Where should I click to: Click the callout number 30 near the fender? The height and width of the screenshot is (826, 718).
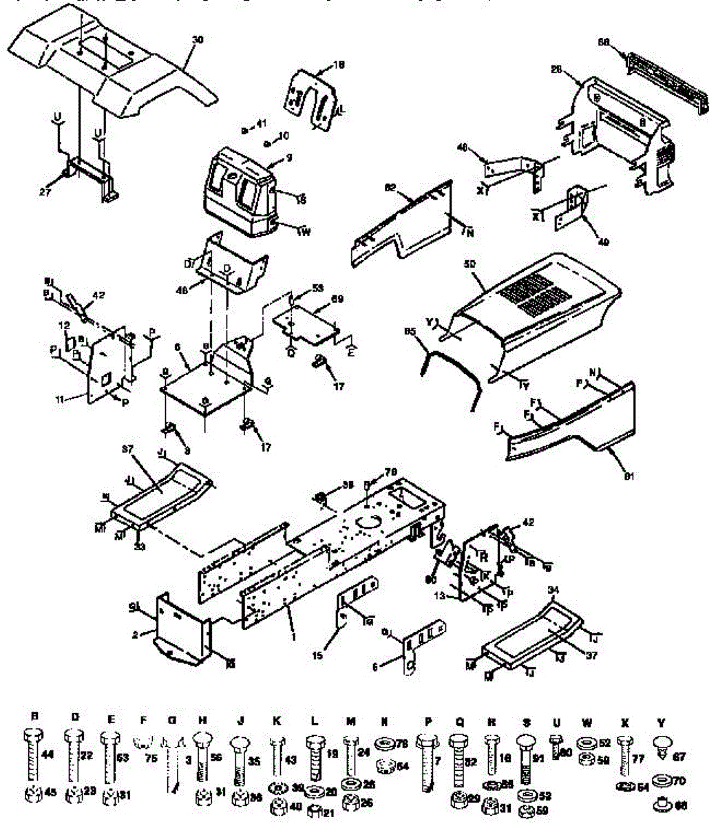click(x=198, y=41)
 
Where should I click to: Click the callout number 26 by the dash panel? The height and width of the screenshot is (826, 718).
click(x=557, y=69)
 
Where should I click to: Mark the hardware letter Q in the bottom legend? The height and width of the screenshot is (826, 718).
click(x=459, y=721)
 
